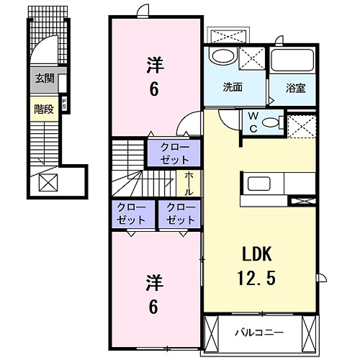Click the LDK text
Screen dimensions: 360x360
click(x=254, y=256)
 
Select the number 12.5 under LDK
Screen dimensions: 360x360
click(x=254, y=276)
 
